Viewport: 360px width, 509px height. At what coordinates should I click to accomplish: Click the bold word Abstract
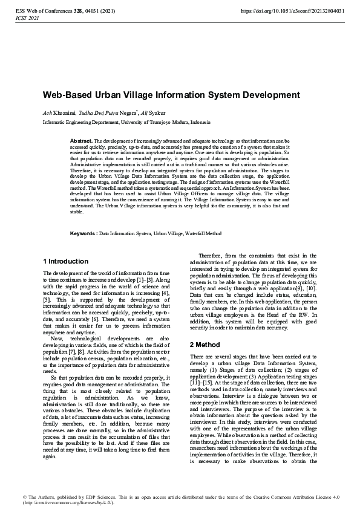(x=81, y=141)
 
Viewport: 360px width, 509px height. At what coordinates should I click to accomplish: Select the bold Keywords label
(x=83, y=233)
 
